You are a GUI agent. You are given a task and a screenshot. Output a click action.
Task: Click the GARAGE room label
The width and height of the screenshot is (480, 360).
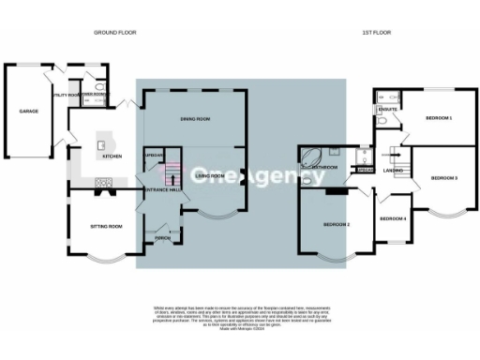pyautogui.click(x=28, y=112)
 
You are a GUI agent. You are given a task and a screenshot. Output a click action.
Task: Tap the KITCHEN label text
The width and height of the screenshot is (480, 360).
pyautogui.click(x=112, y=157)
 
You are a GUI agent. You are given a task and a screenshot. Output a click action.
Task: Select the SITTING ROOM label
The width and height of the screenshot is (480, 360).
pyautogui.click(x=105, y=227)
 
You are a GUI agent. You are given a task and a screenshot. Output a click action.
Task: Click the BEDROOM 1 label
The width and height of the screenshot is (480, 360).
pyautogui.click(x=438, y=119)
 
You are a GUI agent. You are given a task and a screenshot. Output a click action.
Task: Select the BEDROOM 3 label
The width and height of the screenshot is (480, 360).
pyautogui.click(x=443, y=177)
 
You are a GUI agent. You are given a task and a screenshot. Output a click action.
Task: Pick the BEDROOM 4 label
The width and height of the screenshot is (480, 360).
pyautogui.click(x=393, y=218)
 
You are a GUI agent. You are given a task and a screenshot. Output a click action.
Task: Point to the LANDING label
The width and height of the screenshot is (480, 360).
pyautogui.click(x=393, y=172)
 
